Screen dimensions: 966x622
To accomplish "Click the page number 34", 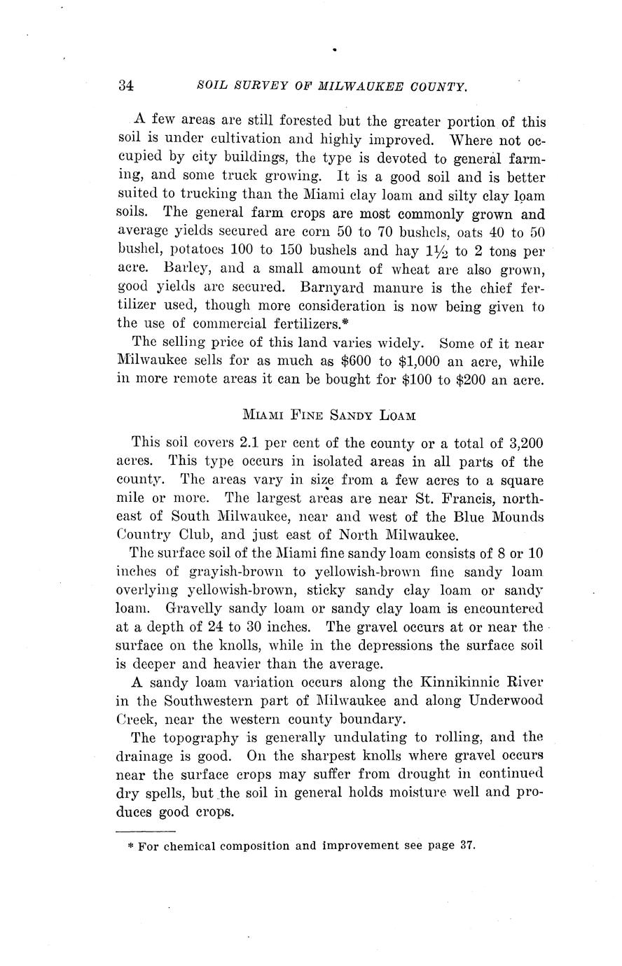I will [x=126, y=85].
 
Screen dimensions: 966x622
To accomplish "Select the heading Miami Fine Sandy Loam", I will [x=329, y=415].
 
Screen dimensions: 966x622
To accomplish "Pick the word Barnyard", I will [x=336, y=287].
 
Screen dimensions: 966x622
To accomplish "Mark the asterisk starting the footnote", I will [x=131, y=846].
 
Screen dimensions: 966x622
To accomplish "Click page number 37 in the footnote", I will [x=468, y=845].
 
